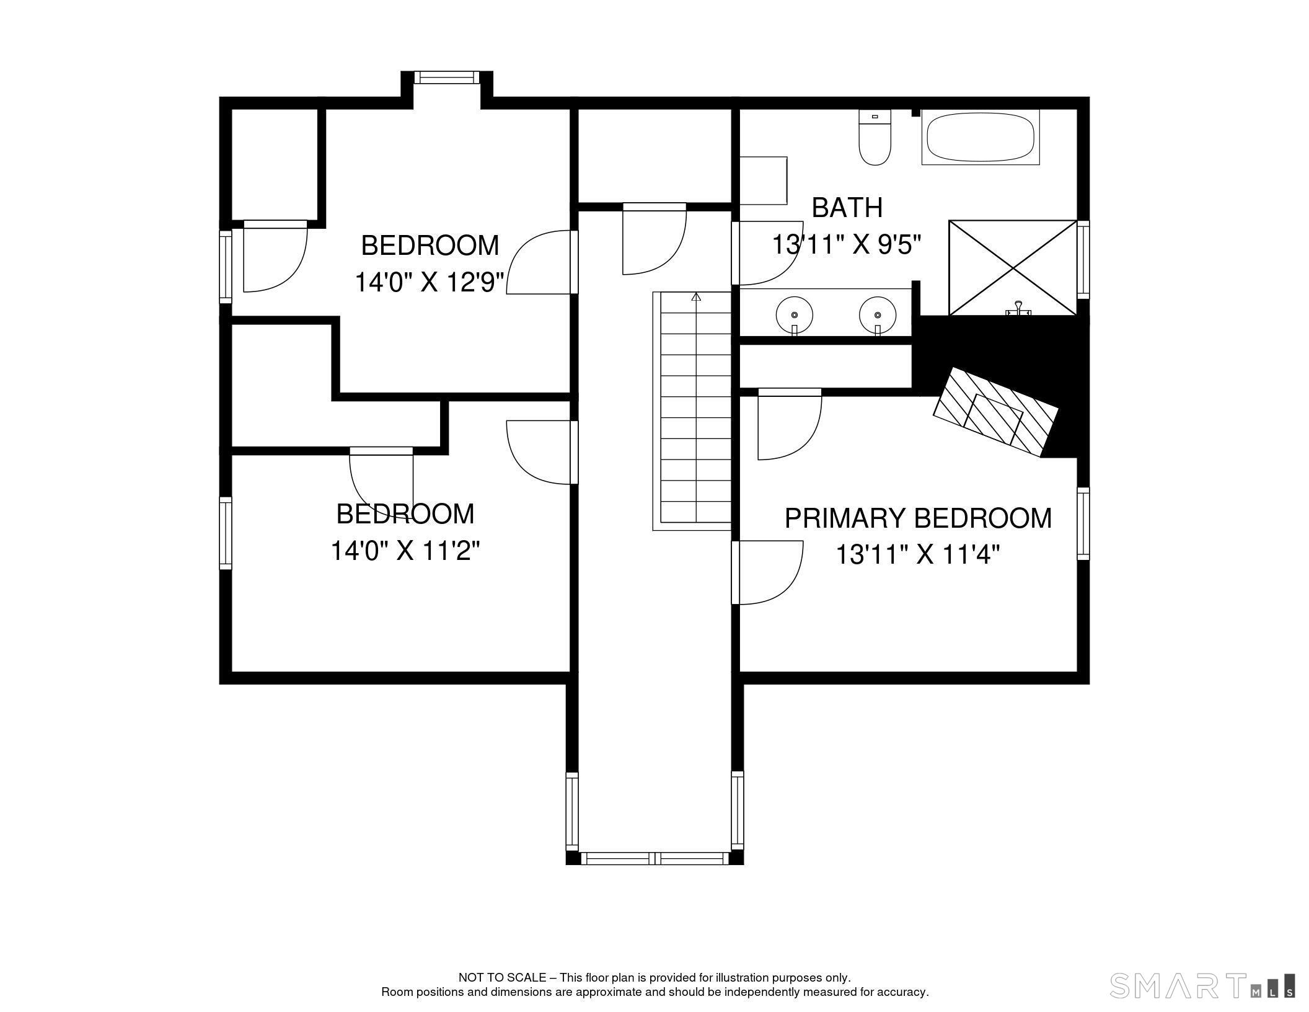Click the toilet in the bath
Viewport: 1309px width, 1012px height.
pyautogui.click(x=875, y=140)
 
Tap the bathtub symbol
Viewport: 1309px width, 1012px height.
pyautogui.click(x=979, y=138)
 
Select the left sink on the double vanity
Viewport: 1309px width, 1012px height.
pyautogui.click(x=794, y=315)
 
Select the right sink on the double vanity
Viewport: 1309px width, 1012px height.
pyautogui.click(x=878, y=315)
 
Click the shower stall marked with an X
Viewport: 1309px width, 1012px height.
pyautogui.click(x=1013, y=267)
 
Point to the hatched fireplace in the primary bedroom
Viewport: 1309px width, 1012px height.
pyautogui.click(x=995, y=412)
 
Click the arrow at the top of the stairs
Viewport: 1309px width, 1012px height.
pyautogui.click(x=696, y=297)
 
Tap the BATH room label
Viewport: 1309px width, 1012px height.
pyautogui.click(x=847, y=208)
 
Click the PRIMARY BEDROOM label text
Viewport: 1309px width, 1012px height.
pyautogui.click(x=918, y=518)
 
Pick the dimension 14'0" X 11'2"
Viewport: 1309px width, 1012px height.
pyautogui.click(x=405, y=551)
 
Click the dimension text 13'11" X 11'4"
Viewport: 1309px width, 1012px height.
pyautogui.click(x=918, y=554)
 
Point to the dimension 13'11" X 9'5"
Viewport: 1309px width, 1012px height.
pyautogui.click(x=847, y=244)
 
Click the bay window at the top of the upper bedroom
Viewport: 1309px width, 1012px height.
pyautogui.click(x=447, y=78)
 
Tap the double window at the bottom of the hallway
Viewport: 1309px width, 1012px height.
pyautogui.click(x=654, y=858)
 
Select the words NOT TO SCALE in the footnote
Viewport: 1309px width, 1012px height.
pyautogui.click(x=501, y=978)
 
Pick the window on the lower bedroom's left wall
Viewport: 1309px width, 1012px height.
pyautogui.click(x=226, y=533)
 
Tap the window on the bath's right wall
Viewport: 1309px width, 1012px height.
pyautogui.click(x=1083, y=260)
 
